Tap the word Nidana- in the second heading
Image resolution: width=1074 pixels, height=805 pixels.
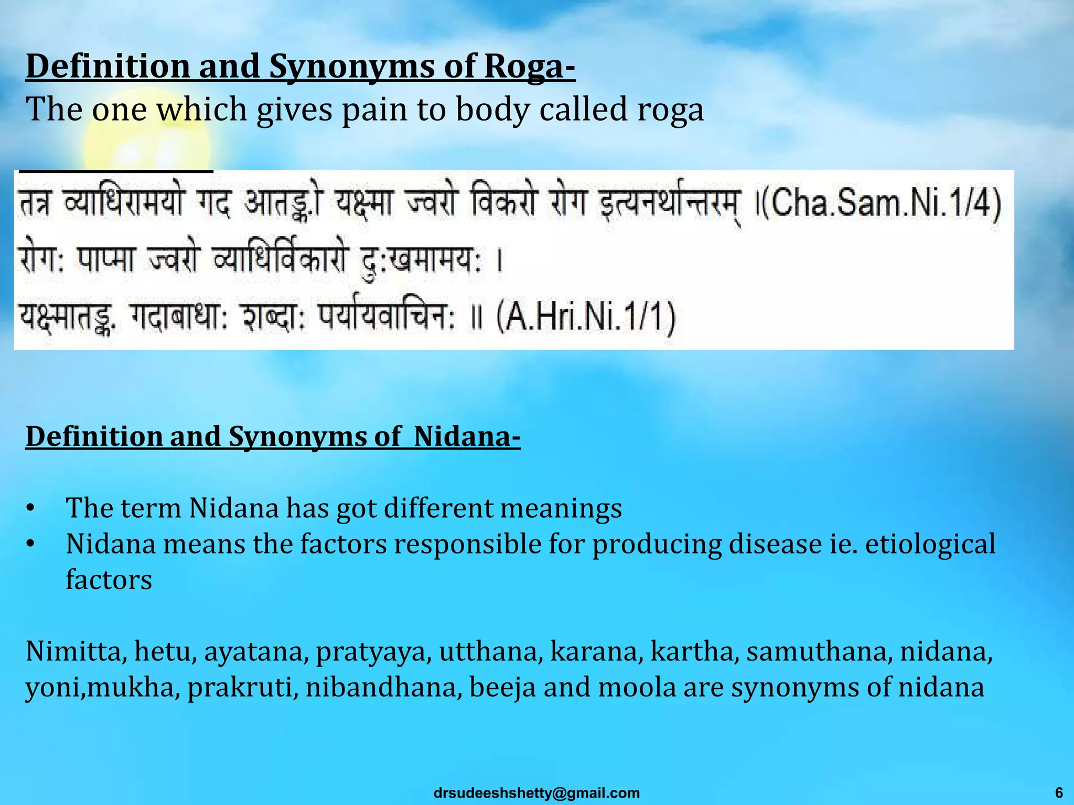[x=467, y=437]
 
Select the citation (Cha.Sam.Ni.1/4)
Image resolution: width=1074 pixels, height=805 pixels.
[x=881, y=204]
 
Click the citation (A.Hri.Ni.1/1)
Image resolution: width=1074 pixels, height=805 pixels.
[x=586, y=318]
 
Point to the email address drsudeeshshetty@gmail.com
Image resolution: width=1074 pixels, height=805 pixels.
[x=536, y=793]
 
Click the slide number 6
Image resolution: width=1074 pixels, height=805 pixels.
[x=1059, y=792]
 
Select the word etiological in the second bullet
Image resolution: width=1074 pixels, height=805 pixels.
[x=930, y=544]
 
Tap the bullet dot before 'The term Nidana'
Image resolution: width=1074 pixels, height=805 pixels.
[x=30, y=508]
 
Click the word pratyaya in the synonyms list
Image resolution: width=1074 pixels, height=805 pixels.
[x=373, y=653]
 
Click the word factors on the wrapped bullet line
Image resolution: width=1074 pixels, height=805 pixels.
[x=109, y=580]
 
